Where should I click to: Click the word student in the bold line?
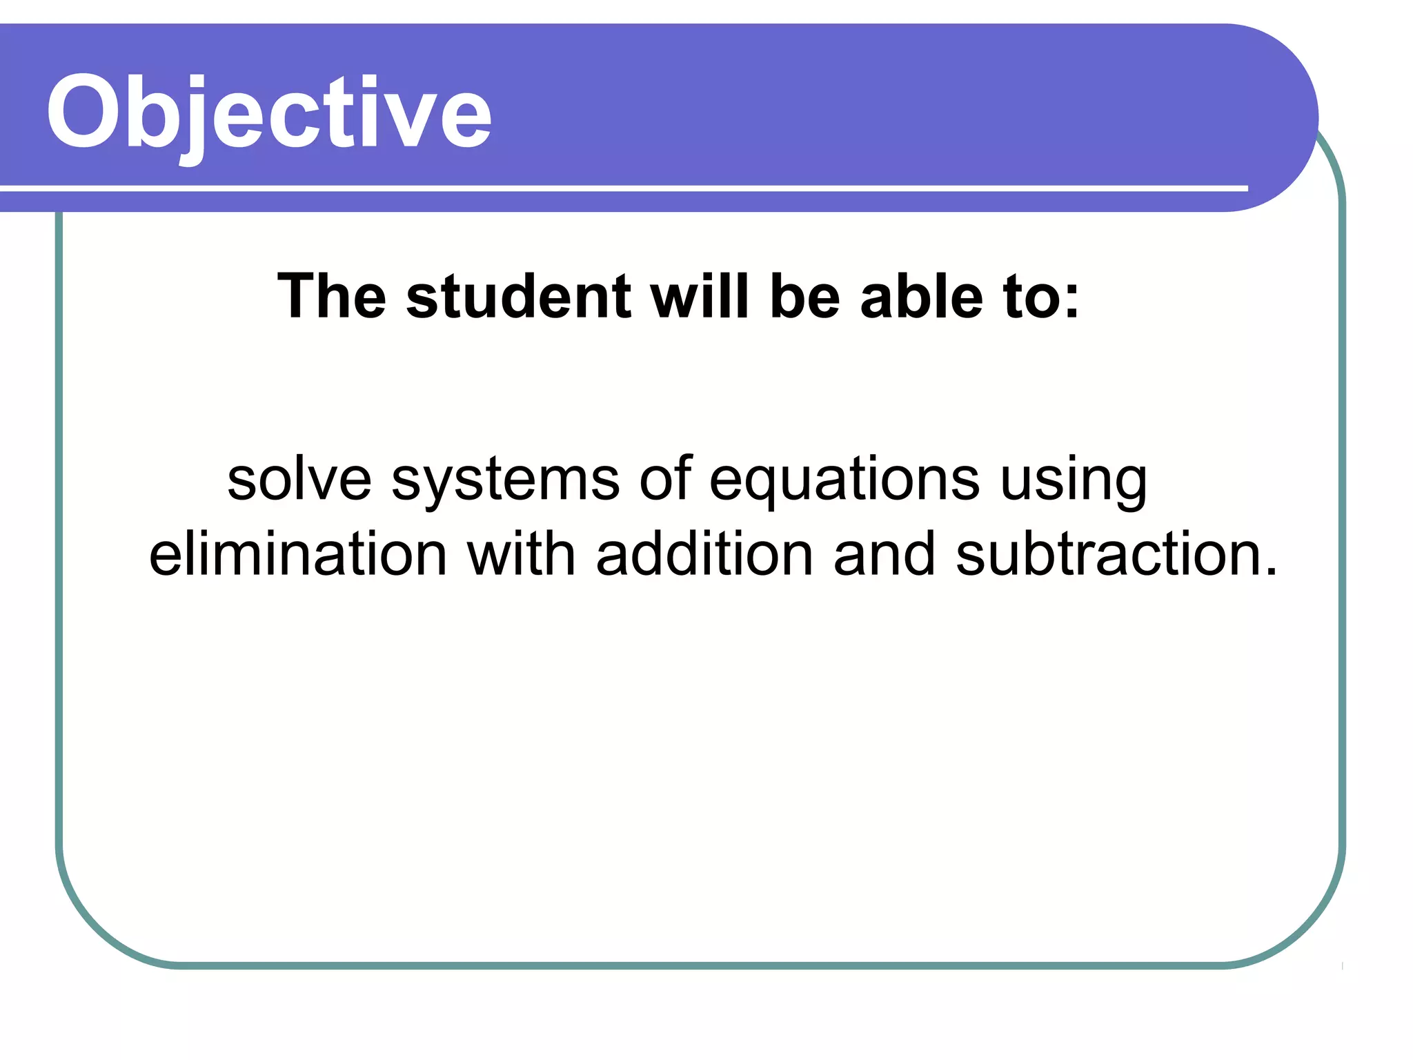518,297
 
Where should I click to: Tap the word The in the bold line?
331,297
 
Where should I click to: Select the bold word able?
921,297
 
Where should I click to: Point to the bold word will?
700,297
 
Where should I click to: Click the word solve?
299,479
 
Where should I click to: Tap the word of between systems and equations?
665,479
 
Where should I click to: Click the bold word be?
804,297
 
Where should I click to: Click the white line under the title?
621,188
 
